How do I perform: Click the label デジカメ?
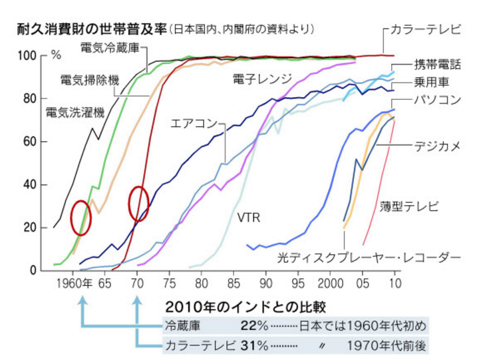[436, 146]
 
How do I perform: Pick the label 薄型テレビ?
[410, 206]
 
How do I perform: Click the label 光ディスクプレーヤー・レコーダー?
[369, 256]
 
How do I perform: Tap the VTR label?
[247, 218]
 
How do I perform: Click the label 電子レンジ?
[262, 79]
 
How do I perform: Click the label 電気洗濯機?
[75, 112]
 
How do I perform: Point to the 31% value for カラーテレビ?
[255, 345]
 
